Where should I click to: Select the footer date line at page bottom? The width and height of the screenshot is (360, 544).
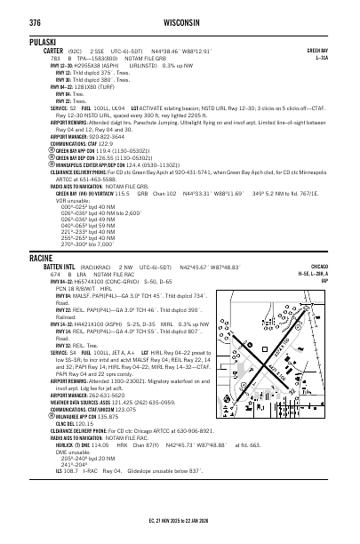tap(180, 535)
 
